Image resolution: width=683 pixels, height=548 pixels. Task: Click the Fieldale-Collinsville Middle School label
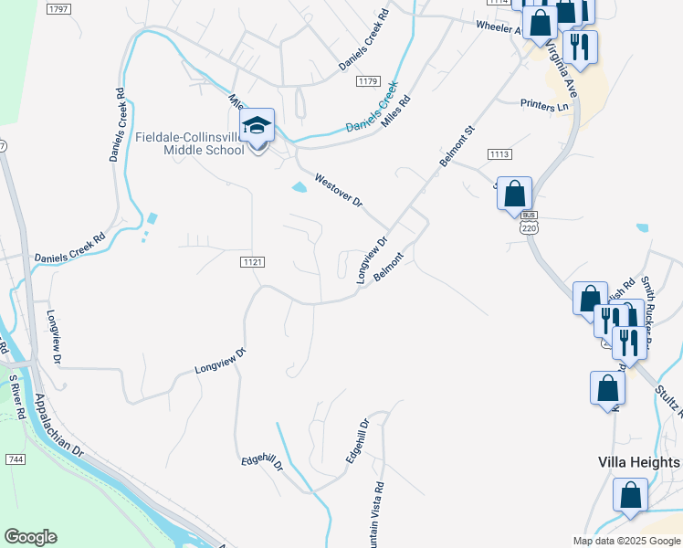point(190,143)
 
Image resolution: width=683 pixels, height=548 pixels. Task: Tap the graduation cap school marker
point(257,126)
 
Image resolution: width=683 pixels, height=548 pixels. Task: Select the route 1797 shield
point(58,8)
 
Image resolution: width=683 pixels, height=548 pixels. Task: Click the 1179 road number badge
point(368,82)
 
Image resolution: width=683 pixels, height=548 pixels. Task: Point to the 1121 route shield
point(253,262)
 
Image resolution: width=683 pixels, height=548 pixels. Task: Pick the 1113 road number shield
point(499,154)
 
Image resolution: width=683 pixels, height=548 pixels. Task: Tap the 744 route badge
point(14,458)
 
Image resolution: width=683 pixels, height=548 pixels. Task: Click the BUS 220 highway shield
point(529,225)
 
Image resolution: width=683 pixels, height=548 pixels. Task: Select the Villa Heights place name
point(638,462)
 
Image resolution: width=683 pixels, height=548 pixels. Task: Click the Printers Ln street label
point(544,106)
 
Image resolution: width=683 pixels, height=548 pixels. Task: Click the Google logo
point(30,537)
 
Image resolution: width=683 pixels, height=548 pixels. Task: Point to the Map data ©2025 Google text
point(625,541)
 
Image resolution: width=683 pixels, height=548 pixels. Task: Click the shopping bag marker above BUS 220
point(515,195)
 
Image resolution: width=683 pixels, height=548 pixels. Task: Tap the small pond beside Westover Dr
point(299,188)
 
